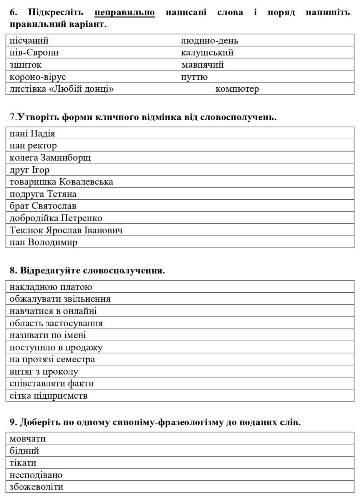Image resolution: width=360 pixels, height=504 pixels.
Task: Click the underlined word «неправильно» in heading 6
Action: coord(124,12)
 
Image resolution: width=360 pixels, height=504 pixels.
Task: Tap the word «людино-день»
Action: coord(209,40)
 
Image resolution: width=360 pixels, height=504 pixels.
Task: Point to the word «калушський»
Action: coord(207,52)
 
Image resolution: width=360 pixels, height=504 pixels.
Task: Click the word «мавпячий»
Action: coord(202,64)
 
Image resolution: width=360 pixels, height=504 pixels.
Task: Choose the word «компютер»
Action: coord(237,89)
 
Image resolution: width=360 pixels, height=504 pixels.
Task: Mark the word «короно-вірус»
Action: coord(38,77)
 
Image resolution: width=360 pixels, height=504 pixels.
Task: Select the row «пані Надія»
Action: coord(32,133)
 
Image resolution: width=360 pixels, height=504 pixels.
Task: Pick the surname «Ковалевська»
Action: coord(86,182)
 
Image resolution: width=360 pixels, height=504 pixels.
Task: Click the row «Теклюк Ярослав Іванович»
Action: coord(66,230)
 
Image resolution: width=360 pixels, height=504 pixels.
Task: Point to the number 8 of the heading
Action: coord(12,271)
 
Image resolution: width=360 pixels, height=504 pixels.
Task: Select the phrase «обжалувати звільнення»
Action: coord(60,299)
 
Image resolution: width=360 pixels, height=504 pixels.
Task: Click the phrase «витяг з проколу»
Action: coord(44,371)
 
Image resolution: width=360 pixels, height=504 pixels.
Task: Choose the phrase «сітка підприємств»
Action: coord(48,396)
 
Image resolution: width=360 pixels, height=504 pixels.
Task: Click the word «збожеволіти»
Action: coord(36,487)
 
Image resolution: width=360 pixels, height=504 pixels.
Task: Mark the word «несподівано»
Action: coord(36,475)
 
